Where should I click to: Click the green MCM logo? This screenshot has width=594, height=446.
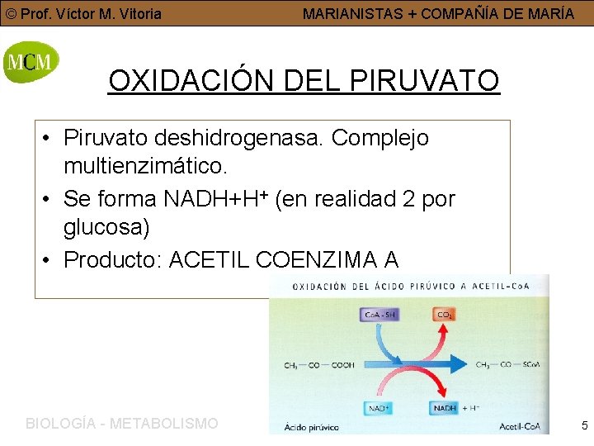[x=31, y=62]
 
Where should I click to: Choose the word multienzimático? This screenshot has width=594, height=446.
[x=145, y=166]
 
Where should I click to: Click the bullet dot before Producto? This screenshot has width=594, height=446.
[x=49, y=260]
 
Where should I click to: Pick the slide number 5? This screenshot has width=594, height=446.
[x=584, y=425]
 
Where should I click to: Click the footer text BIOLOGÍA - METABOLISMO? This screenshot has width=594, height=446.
[x=122, y=424]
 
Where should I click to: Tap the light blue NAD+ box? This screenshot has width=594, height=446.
[x=379, y=408]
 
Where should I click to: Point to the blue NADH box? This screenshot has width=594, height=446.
[x=446, y=408]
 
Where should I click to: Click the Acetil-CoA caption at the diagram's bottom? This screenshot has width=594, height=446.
[x=520, y=427]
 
